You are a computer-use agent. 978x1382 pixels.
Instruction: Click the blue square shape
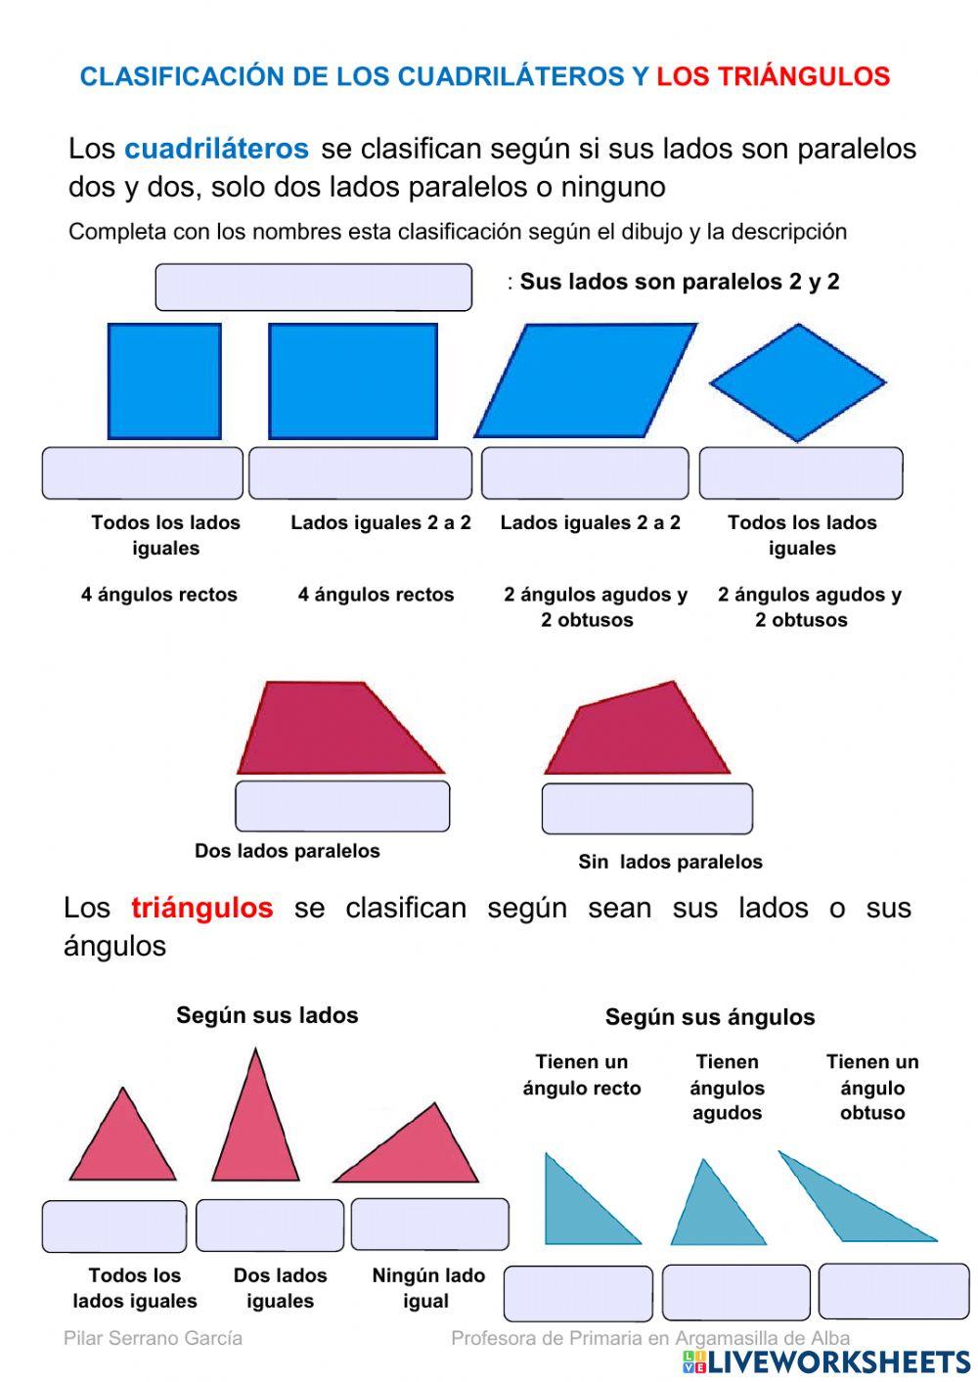(164, 381)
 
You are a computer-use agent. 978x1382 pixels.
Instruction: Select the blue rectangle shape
(353, 381)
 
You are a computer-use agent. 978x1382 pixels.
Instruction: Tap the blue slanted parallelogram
(586, 380)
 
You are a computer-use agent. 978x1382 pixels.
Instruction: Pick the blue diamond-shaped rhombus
(798, 382)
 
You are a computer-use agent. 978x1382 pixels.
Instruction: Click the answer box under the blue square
(142, 473)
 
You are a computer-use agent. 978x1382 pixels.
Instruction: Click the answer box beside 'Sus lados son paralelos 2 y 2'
(313, 288)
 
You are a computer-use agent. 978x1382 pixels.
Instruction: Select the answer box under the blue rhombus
(801, 473)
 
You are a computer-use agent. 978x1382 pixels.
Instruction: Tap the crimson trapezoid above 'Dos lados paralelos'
(337, 730)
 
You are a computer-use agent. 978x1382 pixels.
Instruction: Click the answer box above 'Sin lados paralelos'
(647, 809)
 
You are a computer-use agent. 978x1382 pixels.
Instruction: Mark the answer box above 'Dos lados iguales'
(270, 1226)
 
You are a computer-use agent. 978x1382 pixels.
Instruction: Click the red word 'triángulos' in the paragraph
(201, 908)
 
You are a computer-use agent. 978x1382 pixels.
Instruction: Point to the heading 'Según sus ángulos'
(710, 1017)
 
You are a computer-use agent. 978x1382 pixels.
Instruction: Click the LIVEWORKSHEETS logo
(826, 1361)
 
